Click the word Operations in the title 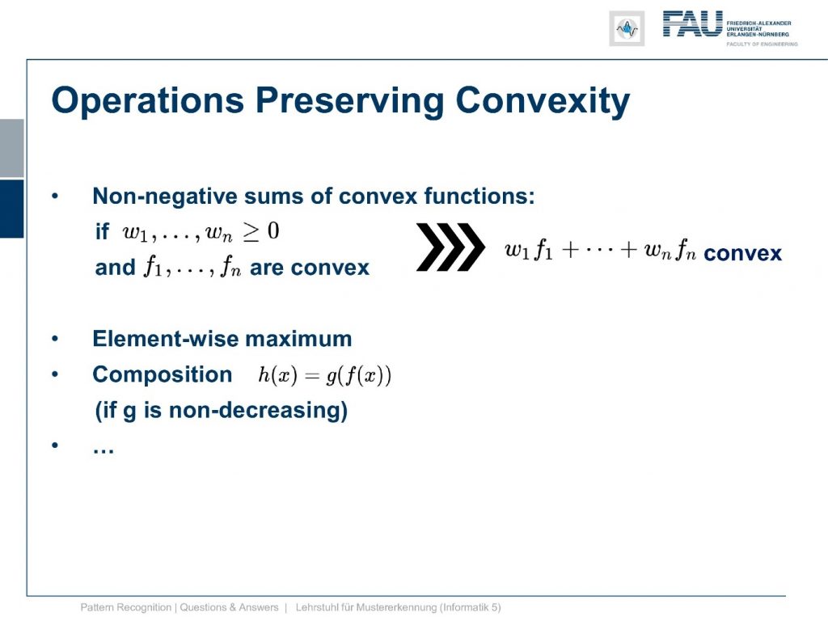(x=148, y=101)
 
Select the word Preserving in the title (x=350, y=101)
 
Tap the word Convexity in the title (x=543, y=101)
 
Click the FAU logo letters (x=693, y=23)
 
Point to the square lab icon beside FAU (x=627, y=28)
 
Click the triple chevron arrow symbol (x=450, y=247)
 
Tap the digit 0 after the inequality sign (x=273, y=230)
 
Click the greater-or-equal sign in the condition (x=251, y=232)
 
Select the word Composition (x=162, y=375)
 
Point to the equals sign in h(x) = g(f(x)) (x=312, y=375)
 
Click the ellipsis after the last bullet (x=103, y=450)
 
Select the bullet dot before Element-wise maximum (x=55, y=339)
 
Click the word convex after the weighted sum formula (x=742, y=253)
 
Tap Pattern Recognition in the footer (x=125, y=607)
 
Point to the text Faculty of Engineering (x=762, y=44)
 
